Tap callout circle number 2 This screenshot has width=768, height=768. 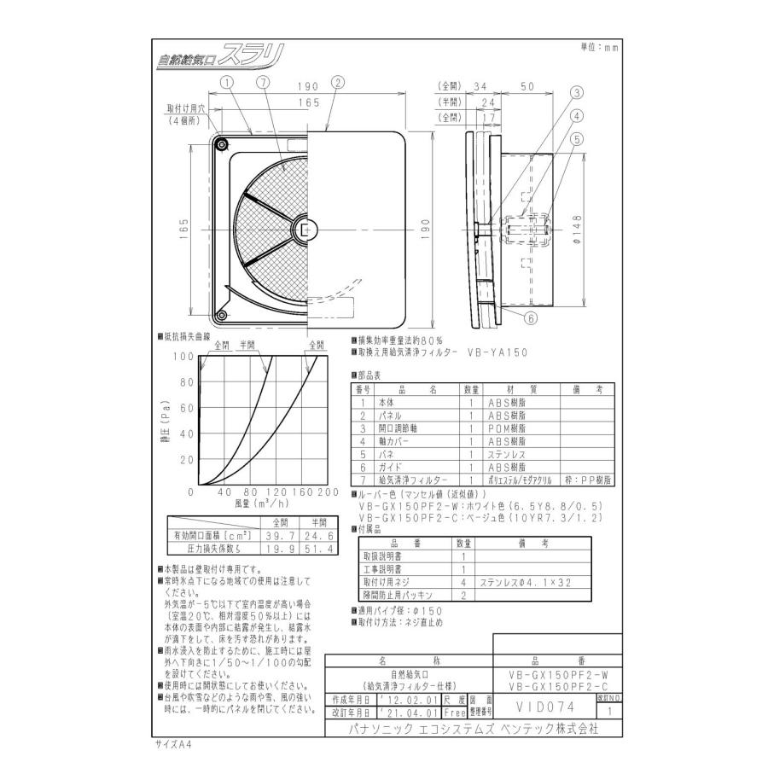[x=338, y=83]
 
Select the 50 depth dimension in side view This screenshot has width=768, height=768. [x=527, y=86]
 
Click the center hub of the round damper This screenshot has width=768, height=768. [x=306, y=230]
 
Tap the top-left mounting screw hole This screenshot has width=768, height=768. [x=223, y=147]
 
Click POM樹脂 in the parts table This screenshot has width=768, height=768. [x=506, y=428]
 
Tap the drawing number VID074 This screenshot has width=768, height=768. [x=545, y=706]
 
